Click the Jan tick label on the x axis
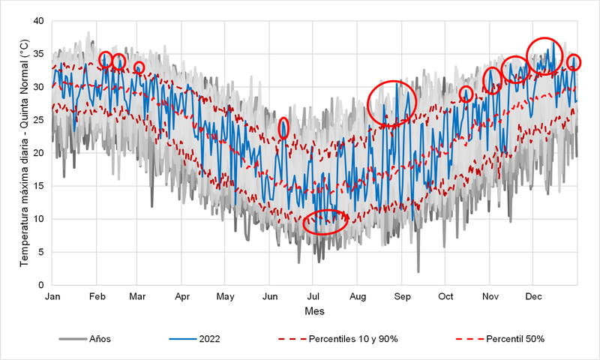(x=52, y=297)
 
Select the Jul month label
(x=315, y=297)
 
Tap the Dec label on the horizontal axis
(x=533, y=297)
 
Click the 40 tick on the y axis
(x=40, y=21)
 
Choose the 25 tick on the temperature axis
(x=40, y=120)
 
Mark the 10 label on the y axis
(x=40, y=219)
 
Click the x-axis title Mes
(x=314, y=310)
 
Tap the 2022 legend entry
(x=209, y=339)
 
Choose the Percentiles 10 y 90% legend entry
(x=352, y=339)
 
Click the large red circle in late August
(x=392, y=103)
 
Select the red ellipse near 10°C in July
(x=325, y=222)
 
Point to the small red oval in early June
(x=283, y=128)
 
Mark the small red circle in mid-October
(x=466, y=94)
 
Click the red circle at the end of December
(x=574, y=62)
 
